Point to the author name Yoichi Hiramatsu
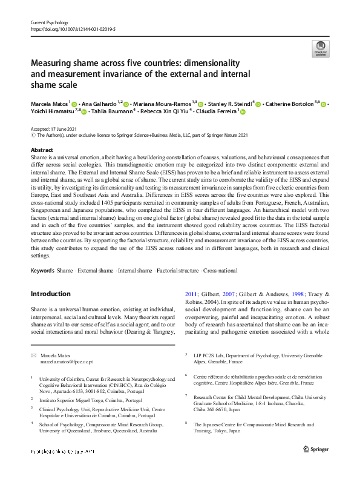coord(51,112)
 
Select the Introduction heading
coord(50,294)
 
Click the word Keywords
coord(42,271)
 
